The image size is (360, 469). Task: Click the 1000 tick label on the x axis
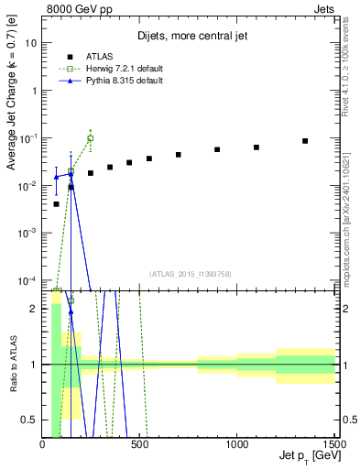tap(237, 444)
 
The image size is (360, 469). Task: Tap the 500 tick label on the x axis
tap(140, 444)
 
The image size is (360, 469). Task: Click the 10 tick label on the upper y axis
tap(32, 43)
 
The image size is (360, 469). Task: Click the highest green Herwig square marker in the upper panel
tap(90, 138)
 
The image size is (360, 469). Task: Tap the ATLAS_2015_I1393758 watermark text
tap(189, 274)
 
